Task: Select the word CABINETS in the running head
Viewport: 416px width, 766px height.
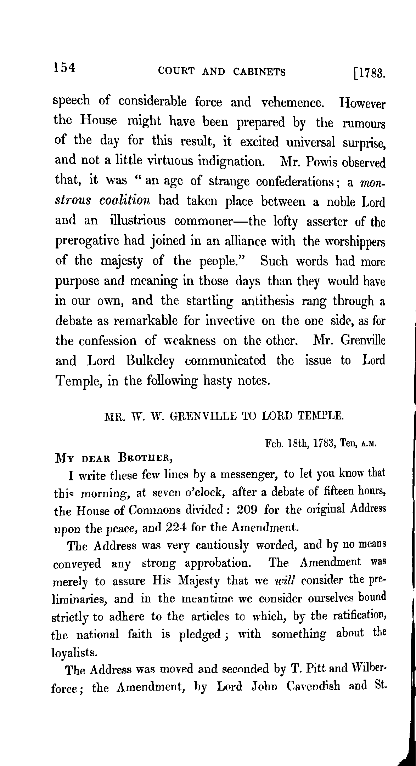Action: (x=259, y=72)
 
